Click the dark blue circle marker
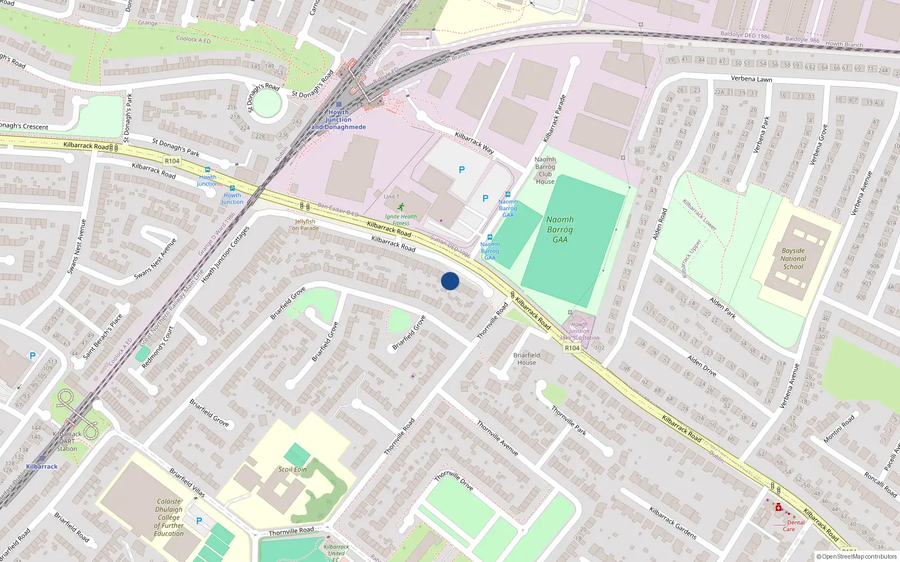click(450, 281)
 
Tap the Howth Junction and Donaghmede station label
click(339, 120)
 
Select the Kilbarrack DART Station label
click(67, 441)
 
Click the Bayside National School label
click(793, 259)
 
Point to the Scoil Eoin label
click(292, 469)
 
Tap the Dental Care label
click(793, 525)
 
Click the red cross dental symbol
click(778, 508)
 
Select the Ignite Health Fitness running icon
click(401, 207)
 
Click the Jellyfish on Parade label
click(305, 225)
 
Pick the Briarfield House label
click(526, 359)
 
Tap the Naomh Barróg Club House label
click(545, 170)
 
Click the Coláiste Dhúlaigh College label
click(169, 517)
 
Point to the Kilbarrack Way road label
click(474, 143)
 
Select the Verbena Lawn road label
click(751, 79)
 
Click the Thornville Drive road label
click(453, 480)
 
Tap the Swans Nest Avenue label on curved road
click(155, 259)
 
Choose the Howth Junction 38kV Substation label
click(579, 331)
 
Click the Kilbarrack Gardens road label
click(673, 523)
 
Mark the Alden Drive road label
click(701, 365)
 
